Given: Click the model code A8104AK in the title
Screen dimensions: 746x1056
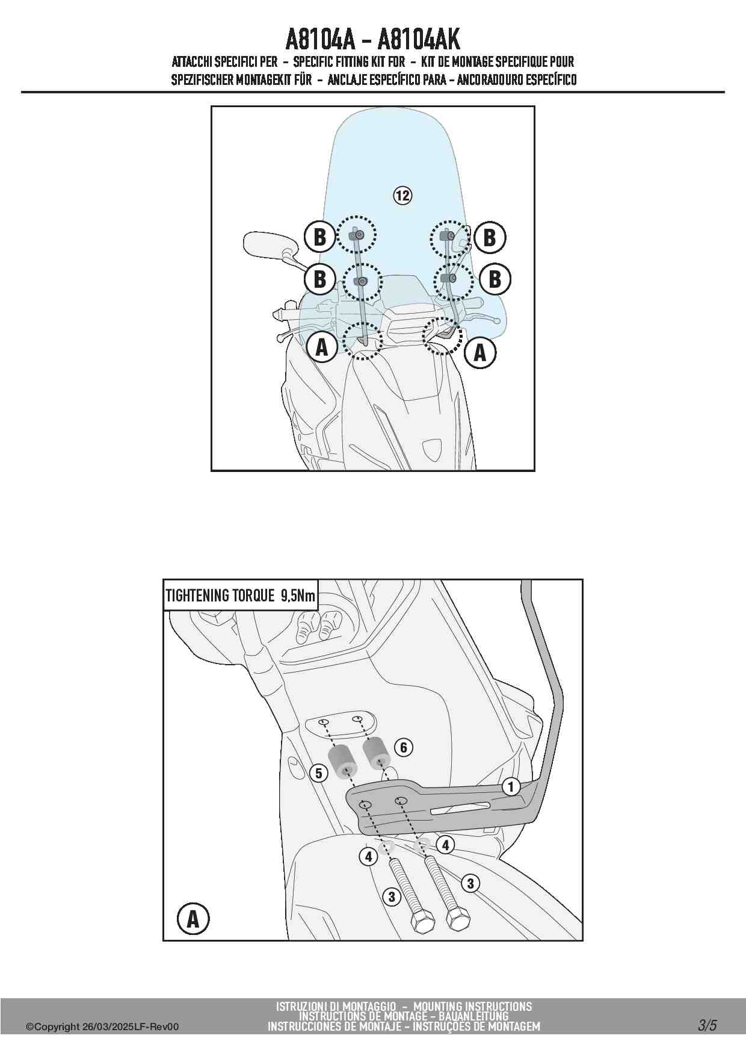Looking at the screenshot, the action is pos(419,40).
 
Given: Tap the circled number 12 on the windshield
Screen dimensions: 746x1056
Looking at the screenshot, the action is pos(402,195).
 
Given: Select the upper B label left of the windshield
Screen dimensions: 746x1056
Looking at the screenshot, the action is pos(319,237).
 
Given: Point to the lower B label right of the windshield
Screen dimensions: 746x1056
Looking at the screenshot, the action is pos(495,279).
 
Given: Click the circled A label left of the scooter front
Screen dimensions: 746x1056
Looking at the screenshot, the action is pos(322,347).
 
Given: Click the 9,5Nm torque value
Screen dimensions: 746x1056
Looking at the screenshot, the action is pos(297,596).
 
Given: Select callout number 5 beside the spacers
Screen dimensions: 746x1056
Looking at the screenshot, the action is pos(319,773).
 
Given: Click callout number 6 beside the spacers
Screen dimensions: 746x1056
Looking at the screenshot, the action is pos(404,748).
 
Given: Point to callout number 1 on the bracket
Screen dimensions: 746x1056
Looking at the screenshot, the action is pos(511,786).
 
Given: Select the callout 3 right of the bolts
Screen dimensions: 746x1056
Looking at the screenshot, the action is pos(470,883).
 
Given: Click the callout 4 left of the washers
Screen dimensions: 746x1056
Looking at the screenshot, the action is pos(368,856).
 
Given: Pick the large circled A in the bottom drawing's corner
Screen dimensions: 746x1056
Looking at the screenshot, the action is pos(193,919).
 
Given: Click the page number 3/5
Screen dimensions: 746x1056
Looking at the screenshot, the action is pos(707,1025).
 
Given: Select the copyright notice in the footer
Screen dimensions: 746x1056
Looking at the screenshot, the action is pos(102,1027).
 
